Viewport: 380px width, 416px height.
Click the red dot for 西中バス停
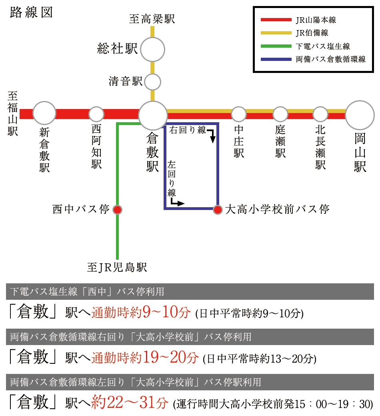pos(117,210)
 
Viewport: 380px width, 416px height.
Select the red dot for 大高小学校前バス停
pos(218,210)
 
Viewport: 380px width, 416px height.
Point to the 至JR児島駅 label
pos(117,267)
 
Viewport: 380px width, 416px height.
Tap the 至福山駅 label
pos(13,113)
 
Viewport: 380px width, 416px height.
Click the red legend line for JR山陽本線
pos(276,20)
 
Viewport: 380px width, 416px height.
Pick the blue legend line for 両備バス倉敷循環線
pos(276,59)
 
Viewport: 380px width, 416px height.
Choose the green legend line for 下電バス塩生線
pos(276,46)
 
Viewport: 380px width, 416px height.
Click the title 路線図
pos(31,12)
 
